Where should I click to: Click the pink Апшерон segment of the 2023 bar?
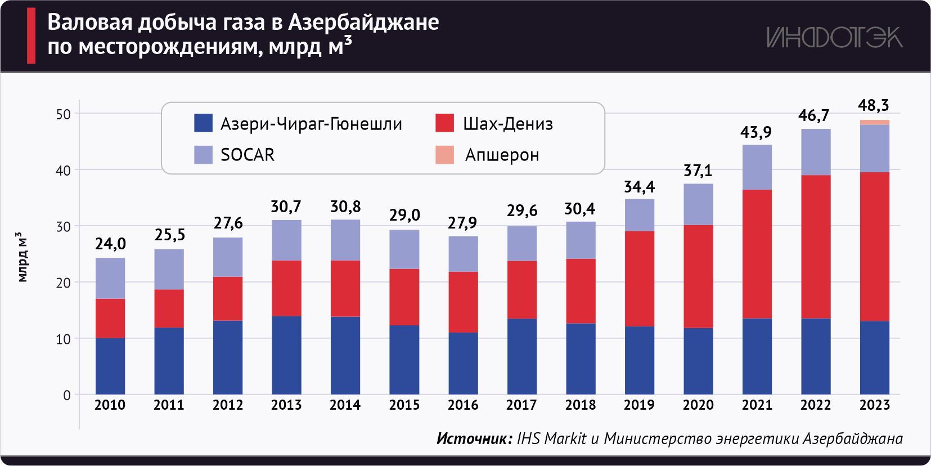[x=874, y=122]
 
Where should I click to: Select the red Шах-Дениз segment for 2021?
[x=757, y=254]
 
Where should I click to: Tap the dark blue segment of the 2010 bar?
[x=110, y=366]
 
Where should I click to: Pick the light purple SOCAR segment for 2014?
[x=345, y=240]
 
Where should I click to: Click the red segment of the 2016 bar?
[x=463, y=302]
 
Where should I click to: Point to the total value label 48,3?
[x=873, y=105]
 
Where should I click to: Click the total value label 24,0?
[x=110, y=244]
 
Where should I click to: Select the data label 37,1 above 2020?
[x=698, y=170]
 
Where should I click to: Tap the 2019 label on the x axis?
[x=639, y=405]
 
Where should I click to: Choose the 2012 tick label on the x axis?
[x=228, y=405]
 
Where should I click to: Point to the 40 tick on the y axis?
[x=63, y=170]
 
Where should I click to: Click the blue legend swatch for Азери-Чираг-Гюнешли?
[x=203, y=123]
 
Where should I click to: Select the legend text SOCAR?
[x=248, y=155]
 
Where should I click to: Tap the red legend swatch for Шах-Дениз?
[x=444, y=123]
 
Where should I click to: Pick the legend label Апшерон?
[x=502, y=155]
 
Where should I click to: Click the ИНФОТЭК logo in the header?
[x=834, y=37]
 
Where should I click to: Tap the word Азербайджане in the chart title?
[x=363, y=22]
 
